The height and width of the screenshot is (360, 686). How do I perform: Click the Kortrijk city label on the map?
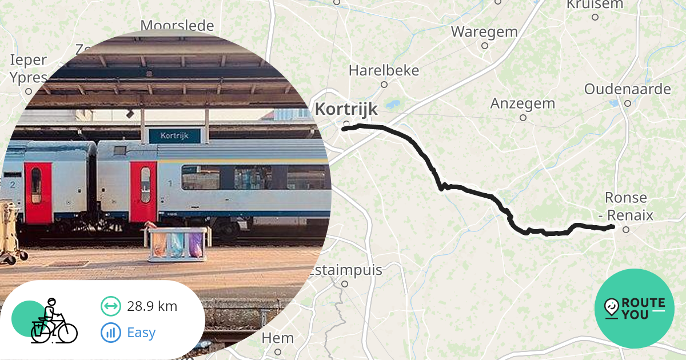(346, 109)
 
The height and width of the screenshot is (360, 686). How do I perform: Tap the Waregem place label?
(484, 31)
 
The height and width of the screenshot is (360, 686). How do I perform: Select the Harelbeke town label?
(384, 70)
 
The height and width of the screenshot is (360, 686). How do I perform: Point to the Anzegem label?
(523, 103)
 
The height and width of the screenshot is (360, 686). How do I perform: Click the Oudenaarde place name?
(627, 89)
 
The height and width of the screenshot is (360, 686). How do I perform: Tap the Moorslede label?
(177, 26)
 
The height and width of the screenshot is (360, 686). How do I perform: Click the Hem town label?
(278, 338)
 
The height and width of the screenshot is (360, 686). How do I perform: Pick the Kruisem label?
(595, 5)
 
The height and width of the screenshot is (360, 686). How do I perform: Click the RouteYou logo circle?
(635, 309)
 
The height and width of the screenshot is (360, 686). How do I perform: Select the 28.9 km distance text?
(152, 306)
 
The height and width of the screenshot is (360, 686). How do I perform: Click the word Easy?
(141, 332)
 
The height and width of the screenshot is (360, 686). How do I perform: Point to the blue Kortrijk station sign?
(175, 136)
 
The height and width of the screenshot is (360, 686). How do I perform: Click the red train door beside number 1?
(143, 191)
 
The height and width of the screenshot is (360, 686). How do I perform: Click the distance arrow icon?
(111, 306)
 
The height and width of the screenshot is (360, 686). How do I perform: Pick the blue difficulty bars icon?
(111, 332)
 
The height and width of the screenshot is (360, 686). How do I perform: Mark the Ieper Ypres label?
(29, 69)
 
